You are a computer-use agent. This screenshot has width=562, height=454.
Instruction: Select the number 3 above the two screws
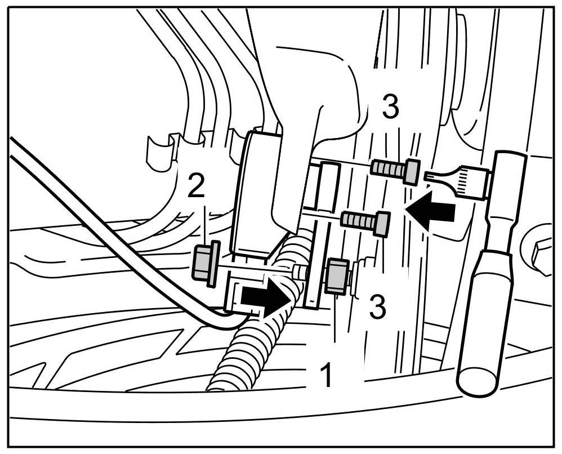tap(391, 108)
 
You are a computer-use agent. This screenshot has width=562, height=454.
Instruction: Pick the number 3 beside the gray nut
tap(377, 306)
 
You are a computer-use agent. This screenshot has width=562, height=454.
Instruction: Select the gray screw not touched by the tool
tap(367, 221)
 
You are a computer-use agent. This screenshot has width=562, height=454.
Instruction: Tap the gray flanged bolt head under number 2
tap(204, 264)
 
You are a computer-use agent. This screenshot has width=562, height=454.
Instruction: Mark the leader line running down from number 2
tap(206, 225)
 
